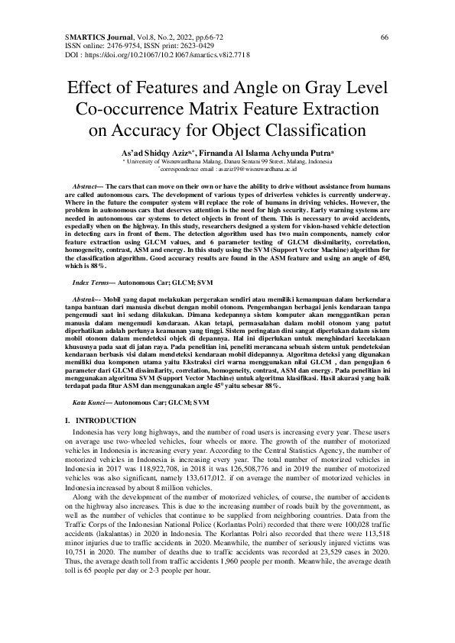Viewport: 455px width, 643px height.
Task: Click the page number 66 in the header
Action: click(x=385, y=37)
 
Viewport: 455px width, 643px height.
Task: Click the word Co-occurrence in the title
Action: click(x=130, y=108)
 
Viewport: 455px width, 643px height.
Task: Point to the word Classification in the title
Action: click(x=305, y=128)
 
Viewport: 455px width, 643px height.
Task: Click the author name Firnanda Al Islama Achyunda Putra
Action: click(x=264, y=152)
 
